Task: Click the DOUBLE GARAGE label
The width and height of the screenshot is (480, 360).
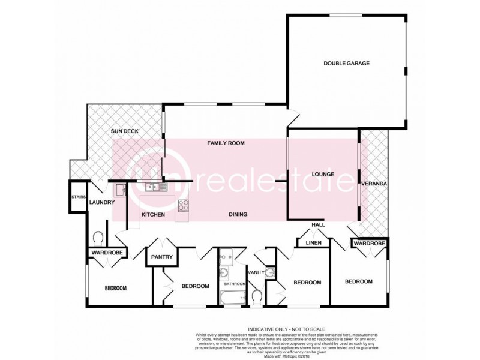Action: click(346, 63)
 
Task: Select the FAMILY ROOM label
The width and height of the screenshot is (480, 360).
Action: click(226, 143)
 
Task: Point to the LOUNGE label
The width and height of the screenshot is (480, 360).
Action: click(322, 174)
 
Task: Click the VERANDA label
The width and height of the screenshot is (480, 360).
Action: click(374, 184)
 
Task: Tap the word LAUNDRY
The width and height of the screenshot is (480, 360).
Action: click(101, 202)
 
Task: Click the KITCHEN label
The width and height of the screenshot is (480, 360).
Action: click(153, 214)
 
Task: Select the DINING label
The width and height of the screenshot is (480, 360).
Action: click(238, 214)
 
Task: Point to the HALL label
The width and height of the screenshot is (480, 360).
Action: click(317, 224)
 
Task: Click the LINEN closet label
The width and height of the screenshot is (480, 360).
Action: click(314, 243)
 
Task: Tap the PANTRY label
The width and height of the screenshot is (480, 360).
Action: click(162, 257)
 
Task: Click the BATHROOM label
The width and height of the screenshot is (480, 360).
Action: click(235, 283)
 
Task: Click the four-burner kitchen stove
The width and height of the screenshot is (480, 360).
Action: click(183, 206)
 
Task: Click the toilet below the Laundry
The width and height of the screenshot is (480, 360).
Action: click(100, 239)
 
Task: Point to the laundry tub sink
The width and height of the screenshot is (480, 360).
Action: click(120, 190)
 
